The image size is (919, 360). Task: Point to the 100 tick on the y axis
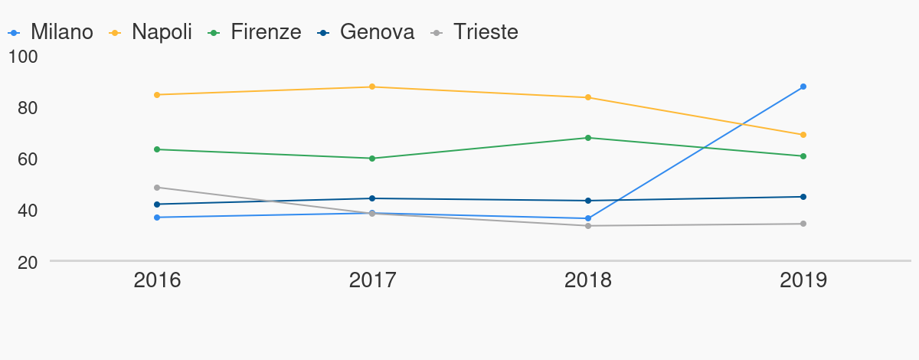click(x=28, y=57)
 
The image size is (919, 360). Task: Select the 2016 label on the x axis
click(x=157, y=280)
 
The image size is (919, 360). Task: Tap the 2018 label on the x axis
click(x=588, y=280)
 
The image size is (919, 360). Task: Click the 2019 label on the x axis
click(x=803, y=280)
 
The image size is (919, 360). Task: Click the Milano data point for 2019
click(x=803, y=87)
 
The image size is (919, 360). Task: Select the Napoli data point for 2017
click(x=372, y=87)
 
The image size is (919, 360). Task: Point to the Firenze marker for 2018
click(x=588, y=138)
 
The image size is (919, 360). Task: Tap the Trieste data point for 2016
click(x=157, y=188)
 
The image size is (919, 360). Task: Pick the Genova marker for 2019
click(x=803, y=197)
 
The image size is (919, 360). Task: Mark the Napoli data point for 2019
click(x=803, y=135)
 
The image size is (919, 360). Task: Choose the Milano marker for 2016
click(x=157, y=218)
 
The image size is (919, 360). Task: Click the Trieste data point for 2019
click(x=803, y=224)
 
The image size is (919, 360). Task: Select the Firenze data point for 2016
click(x=157, y=149)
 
